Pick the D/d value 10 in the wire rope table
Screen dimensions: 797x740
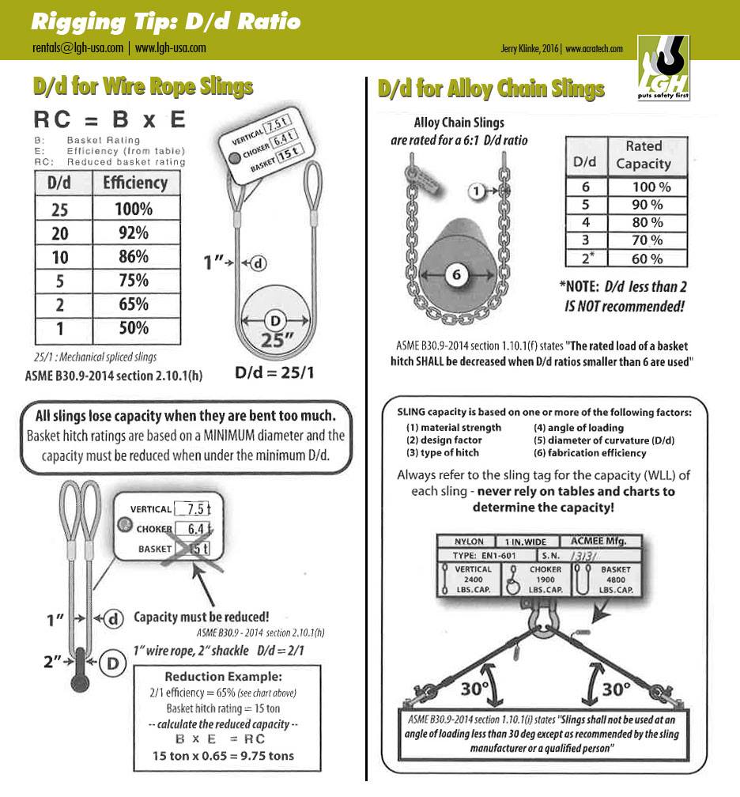point(60,257)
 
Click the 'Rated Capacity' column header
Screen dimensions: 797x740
point(643,155)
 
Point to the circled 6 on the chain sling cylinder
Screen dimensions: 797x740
point(456,275)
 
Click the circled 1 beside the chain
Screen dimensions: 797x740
point(476,191)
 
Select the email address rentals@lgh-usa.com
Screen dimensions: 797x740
point(77,47)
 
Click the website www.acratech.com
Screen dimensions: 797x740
point(595,49)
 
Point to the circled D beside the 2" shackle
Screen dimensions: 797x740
point(113,663)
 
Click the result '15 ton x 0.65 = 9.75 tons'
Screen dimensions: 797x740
point(224,755)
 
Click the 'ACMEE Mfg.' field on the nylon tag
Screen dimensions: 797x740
point(598,542)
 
